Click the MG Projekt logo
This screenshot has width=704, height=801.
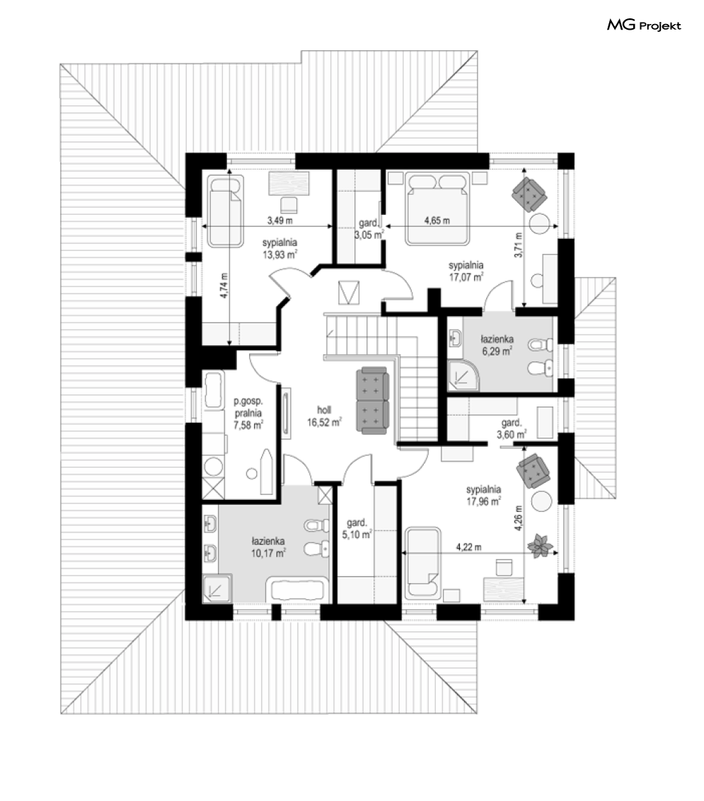(x=644, y=25)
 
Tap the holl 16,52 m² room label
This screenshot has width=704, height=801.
(x=324, y=416)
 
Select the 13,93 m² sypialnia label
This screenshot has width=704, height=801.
(x=280, y=249)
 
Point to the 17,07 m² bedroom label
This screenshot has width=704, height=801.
(x=466, y=271)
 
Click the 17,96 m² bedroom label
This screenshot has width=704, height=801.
(x=483, y=496)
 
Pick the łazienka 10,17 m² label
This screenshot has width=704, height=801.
(x=268, y=547)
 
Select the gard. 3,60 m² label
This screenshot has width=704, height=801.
(x=512, y=428)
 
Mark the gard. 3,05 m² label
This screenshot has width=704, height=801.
(x=369, y=229)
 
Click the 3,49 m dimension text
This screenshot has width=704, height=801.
(x=279, y=221)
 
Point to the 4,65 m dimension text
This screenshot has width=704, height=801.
(x=437, y=221)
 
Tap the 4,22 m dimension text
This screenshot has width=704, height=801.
(x=469, y=547)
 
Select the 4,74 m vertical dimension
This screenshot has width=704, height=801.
(x=226, y=286)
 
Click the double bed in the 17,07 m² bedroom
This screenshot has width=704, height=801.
(x=438, y=209)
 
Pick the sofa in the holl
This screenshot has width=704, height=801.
(x=372, y=401)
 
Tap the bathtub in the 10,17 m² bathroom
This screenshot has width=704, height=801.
(x=297, y=590)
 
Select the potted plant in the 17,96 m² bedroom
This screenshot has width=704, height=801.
(x=541, y=546)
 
